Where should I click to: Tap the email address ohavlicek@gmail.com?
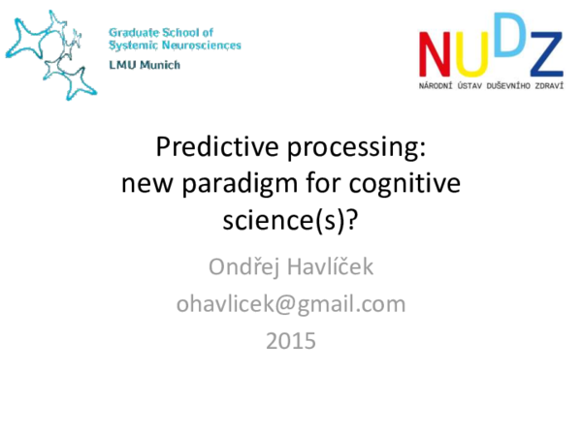[290, 304]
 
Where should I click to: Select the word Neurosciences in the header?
[203, 45]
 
